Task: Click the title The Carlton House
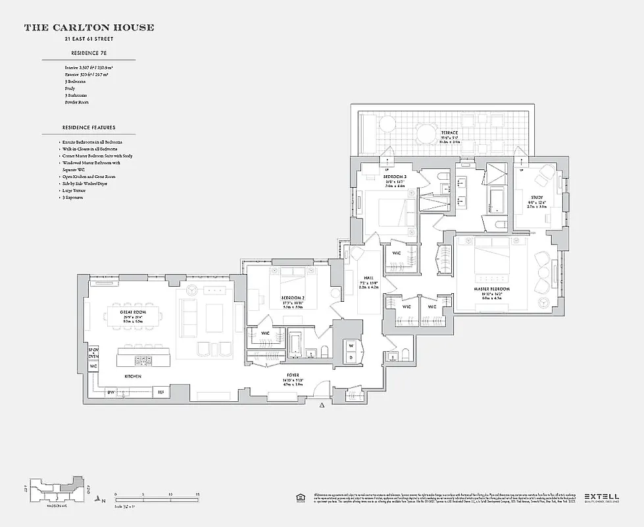(x=89, y=28)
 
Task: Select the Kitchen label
(x=134, y=376)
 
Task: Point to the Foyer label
(x=293, y=374)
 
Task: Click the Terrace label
(x=449, y=133)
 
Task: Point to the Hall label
(x=368, y=278)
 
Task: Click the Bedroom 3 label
(x=395, y=177)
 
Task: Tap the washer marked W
(x=351, y=345)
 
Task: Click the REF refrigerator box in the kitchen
(x=160, y=392)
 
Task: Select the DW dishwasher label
(x=111, y=392)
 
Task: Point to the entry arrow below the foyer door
(x=321, y=407)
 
